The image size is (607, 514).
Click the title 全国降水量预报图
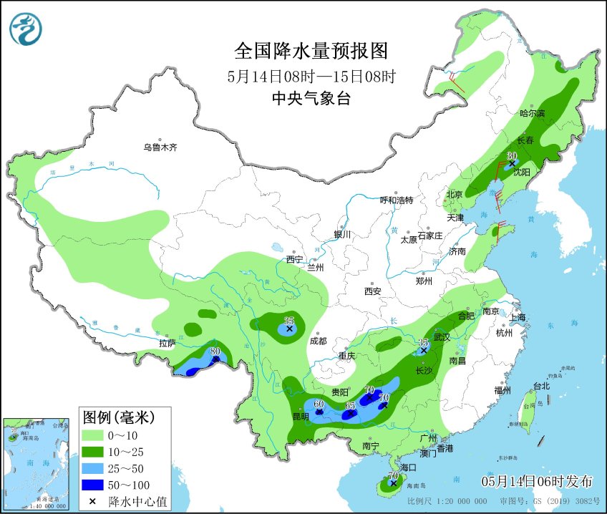311,51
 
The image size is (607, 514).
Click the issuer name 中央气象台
311,100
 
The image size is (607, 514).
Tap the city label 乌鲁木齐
159,147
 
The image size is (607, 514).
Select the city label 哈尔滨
532,114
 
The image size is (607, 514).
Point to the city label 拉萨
167,343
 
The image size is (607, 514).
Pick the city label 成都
318,341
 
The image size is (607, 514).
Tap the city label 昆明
301,416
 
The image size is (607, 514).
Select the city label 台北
541,386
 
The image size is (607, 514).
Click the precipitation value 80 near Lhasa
215,351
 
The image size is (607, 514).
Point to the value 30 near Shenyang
512,155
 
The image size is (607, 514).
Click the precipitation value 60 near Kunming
319,404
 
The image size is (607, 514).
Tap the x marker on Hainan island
392,484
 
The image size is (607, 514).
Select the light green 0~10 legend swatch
94,434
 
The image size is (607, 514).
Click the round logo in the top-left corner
26,29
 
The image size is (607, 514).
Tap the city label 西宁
294,259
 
